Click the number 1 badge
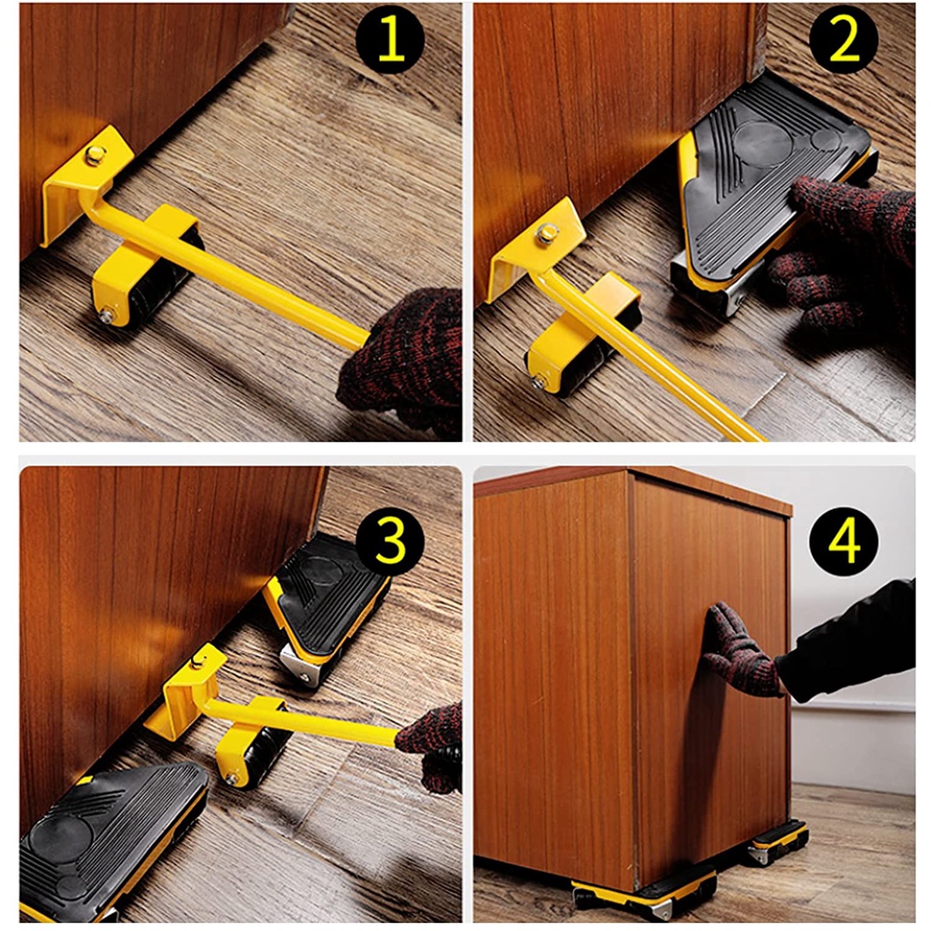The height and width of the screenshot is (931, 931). pyautogui.click(x=390, y=40)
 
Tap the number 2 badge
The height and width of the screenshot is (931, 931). pyautogui.click(x=844, y=40)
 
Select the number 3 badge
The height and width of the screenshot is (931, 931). pyautogui.click(x=390, y=541)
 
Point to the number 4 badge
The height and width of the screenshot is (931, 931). pyautogui.click(x=844, y=541)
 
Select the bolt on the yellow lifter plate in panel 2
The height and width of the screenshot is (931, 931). pyautogui.click(x=546, y=233)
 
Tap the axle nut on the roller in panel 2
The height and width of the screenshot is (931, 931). pyautogui.click(x=538, y=383)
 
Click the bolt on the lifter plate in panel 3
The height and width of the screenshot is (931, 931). pyautogui.click(x=197, y=661)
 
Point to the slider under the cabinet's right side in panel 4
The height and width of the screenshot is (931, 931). pyautogui.click(x=779, y=839)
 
